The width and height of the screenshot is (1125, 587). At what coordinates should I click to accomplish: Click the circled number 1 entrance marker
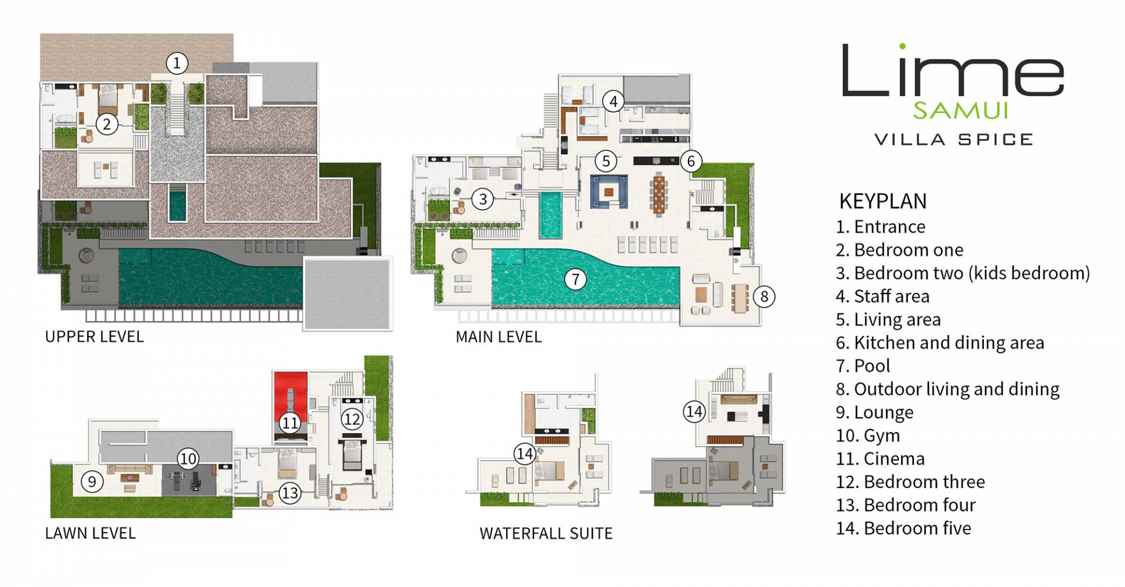pyautogui.click(x=177, y=63)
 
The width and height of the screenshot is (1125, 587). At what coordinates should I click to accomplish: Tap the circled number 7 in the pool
pyautogui.click(x=575, y=279)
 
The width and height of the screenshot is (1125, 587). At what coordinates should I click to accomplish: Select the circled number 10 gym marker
pyautogui.click(x=187, y=458)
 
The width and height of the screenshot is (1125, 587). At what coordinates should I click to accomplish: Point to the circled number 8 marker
pyautogui.click(x=763, y=296)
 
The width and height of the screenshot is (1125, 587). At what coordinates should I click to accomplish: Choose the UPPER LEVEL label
pyautogui.click(x=94, y=337)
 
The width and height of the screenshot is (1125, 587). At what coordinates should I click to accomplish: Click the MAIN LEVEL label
pyautogui.click(x=499, y=337)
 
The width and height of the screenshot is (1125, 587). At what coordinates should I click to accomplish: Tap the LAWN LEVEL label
pyautogui.click(x=90, y=533)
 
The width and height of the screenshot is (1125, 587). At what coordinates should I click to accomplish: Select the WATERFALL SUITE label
pyautogui.click(x=546, y=533)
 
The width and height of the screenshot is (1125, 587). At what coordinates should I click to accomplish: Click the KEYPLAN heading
pyautogui.click(x=883, y=201)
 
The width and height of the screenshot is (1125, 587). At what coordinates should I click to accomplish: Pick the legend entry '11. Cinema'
pyautogui.click(x=880, y=458)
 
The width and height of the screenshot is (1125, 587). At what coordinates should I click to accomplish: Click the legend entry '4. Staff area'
pyautogui.click(x=882, y=296)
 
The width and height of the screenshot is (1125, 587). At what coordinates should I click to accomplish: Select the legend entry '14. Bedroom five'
pyautogui.click(x=904, y=528)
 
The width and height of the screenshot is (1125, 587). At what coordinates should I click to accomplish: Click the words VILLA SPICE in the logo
pyautogui.click(x=953, y=139)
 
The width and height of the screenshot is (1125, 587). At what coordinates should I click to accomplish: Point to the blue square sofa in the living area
pyautogui.click(x=609, y=192)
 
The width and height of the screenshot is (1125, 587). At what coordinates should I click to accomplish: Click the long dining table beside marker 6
pyautogui.click(x=659, y=193)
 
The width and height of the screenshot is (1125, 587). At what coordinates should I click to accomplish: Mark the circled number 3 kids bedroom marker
pyautogui.click(x=483, y=199)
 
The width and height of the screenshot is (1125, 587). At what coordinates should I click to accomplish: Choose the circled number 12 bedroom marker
pyautogui.click(x=352, y=419)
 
